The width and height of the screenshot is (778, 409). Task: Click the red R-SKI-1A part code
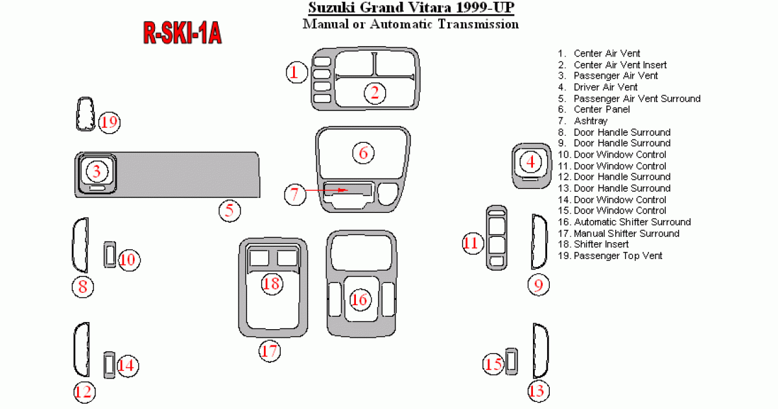pos(182,32)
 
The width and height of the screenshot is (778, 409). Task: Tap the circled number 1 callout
pos(297,72)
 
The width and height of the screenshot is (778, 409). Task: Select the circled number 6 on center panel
pos(363,153)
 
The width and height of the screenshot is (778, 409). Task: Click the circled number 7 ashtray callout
pos(295,194)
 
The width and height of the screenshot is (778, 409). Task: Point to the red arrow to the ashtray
pos(327,190)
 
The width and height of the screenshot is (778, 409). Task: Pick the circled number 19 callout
pos(110,123)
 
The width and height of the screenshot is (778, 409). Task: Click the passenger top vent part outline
pos(86,114)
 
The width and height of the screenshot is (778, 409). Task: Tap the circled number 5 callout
pos(230,210)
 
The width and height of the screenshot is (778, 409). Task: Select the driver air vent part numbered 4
pos(532,166)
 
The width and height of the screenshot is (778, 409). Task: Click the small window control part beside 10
pos(110,254)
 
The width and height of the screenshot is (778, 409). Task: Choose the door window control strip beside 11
pos(497,238)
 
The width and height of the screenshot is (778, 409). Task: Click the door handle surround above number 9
pos(539,242)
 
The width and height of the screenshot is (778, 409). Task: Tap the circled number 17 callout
pos(270,351)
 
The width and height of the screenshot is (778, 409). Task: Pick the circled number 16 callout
pos(360,299)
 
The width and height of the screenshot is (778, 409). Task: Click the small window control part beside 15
pos(512,362)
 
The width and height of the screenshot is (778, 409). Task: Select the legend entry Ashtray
pos(591,121)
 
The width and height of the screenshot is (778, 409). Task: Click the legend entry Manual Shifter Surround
pos(626,233)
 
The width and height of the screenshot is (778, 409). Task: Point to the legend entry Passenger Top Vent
pos(618,256)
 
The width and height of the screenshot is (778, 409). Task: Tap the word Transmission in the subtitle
pos(478,24)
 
